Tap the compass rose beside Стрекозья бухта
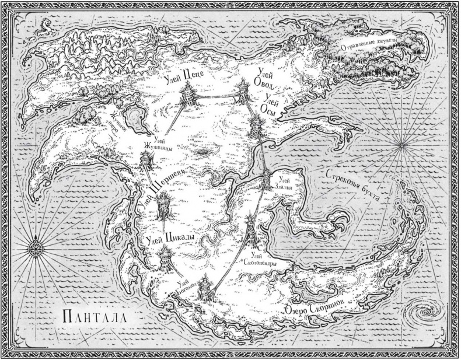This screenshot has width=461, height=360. tap(403, 143)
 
